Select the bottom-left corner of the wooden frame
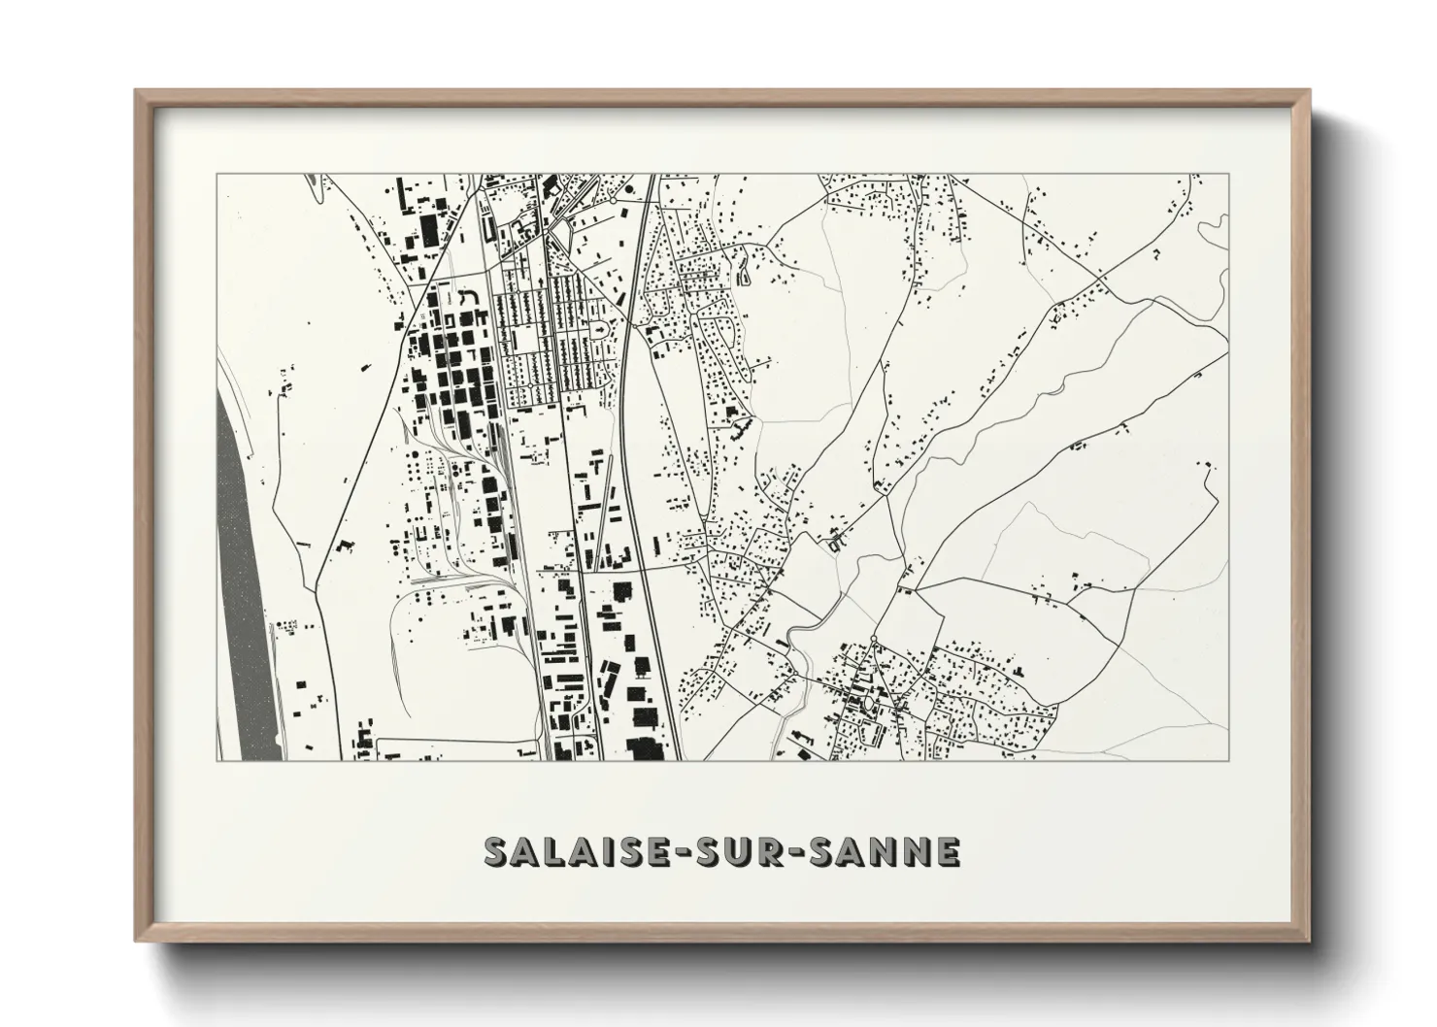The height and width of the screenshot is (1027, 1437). (137, 939)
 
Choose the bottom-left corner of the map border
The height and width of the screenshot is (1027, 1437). (217, 760)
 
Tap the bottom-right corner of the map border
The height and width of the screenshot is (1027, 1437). (1228, 760)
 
